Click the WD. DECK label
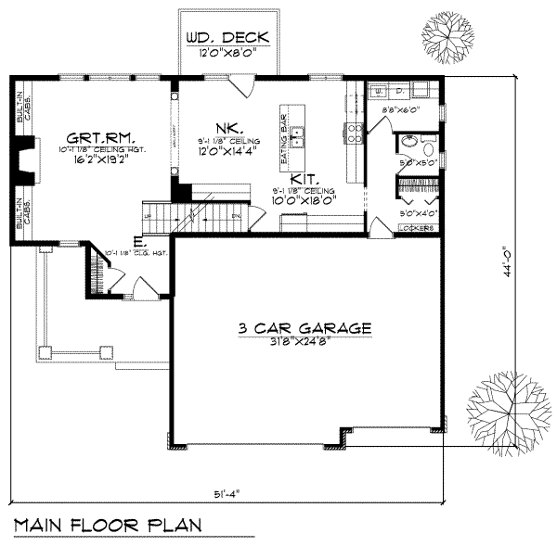[227, 38]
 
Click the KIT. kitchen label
[303, 178]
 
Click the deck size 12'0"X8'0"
[227, 54]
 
